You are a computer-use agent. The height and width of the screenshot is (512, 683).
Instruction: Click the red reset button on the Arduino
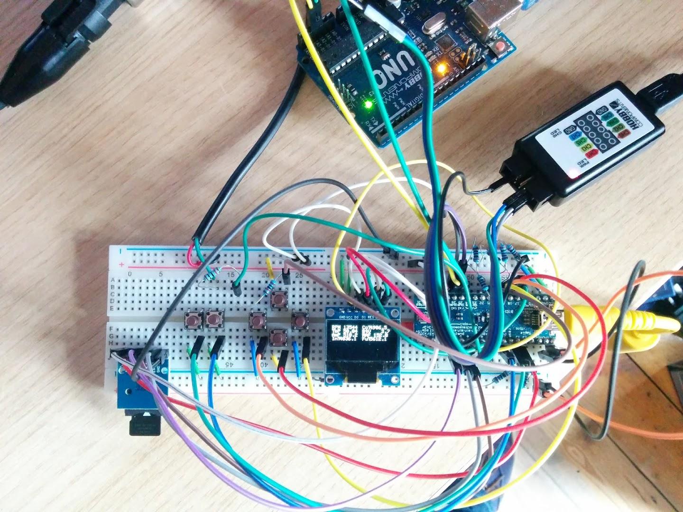tap(499, 46)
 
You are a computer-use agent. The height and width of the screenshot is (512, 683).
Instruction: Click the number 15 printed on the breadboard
tap(231, 274)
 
